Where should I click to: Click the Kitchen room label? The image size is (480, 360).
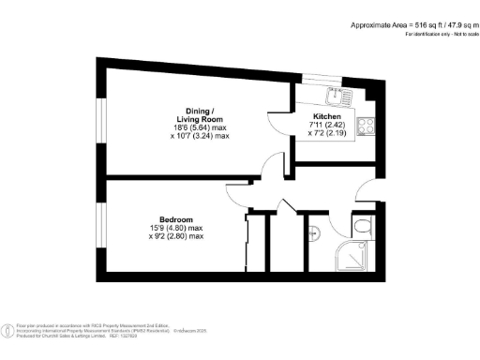click(x=326, y=116)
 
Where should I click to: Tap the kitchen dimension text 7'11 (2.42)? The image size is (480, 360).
click(x=326, y=126)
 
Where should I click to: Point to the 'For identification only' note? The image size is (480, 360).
click(x=440, y=35)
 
